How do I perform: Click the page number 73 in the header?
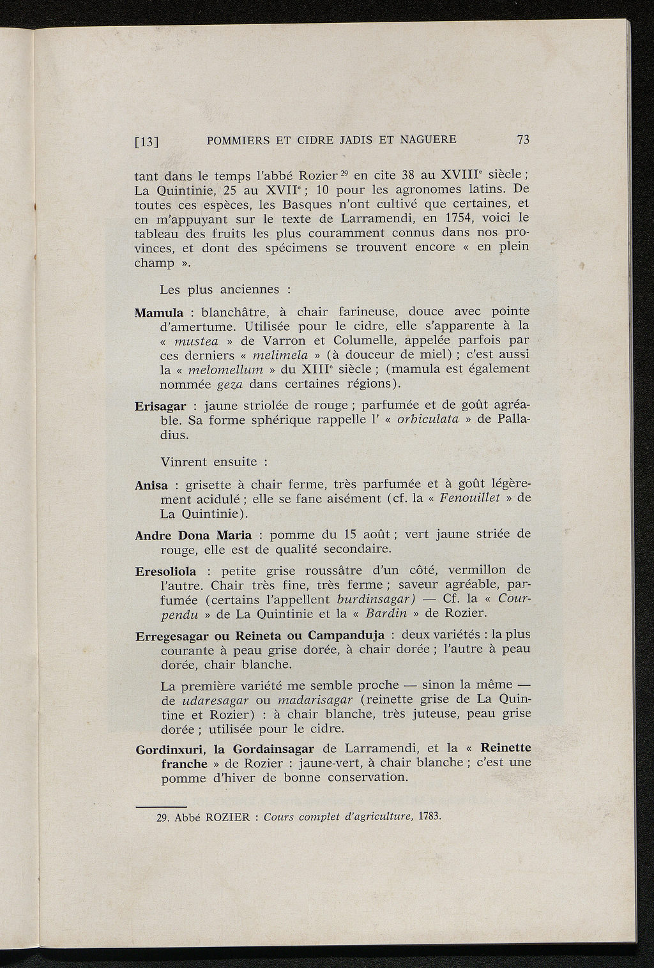click(523, 140)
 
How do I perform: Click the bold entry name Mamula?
click(160, 314)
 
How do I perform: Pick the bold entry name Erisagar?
click(160, 407)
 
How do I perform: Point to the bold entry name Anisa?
click(151, 485)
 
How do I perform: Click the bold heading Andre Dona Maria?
click(194, 535)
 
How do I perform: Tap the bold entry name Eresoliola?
click(166, 571)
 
